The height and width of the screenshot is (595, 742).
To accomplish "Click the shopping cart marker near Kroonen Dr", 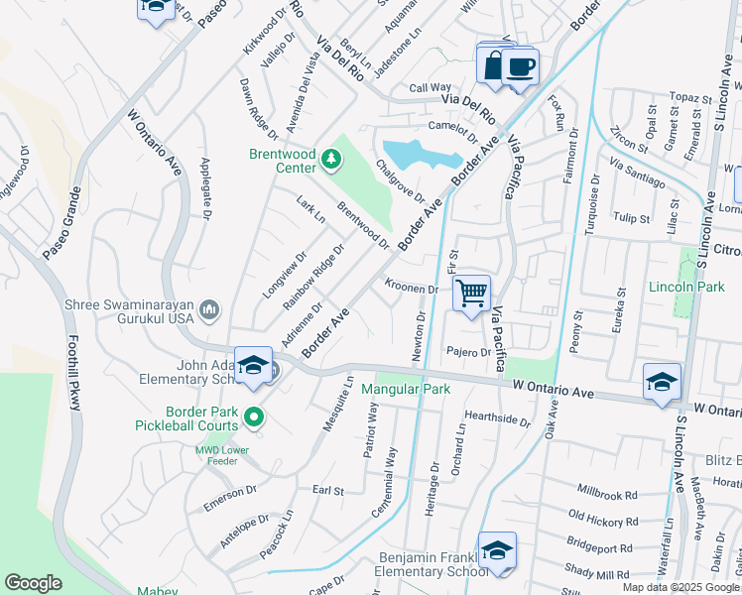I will pos(472,292).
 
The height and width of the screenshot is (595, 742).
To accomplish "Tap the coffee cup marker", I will pos(520,66).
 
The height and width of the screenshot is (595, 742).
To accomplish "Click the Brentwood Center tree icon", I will pos(331,158).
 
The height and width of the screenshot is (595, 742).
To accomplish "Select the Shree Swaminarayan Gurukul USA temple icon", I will pos(209,311).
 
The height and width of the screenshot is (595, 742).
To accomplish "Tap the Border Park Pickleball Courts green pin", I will pos(254,417).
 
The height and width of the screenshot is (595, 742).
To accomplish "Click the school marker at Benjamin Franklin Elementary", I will pos(497,551).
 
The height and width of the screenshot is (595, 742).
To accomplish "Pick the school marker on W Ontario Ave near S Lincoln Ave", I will pos(662,381).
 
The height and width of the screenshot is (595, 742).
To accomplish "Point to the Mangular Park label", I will pos(405,389).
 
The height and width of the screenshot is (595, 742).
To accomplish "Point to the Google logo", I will pos(33,583).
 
